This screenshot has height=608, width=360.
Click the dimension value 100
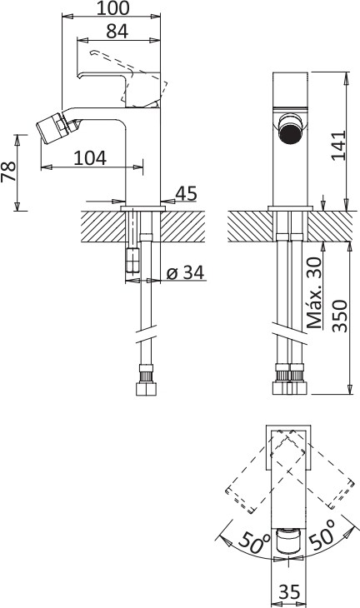click(112, 7)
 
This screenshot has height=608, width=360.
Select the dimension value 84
click(117, 32)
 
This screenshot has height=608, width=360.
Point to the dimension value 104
click(90, 158)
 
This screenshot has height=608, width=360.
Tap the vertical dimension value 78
click(8, 172)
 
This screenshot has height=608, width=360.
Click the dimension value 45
click(186, 193)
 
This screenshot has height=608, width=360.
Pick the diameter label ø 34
click(185, 273)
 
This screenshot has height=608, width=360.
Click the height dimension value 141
click(337, 146)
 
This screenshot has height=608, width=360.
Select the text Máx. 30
click(315, 292)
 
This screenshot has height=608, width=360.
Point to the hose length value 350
click(340, 316)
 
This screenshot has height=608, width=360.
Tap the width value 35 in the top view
click(289, 592)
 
